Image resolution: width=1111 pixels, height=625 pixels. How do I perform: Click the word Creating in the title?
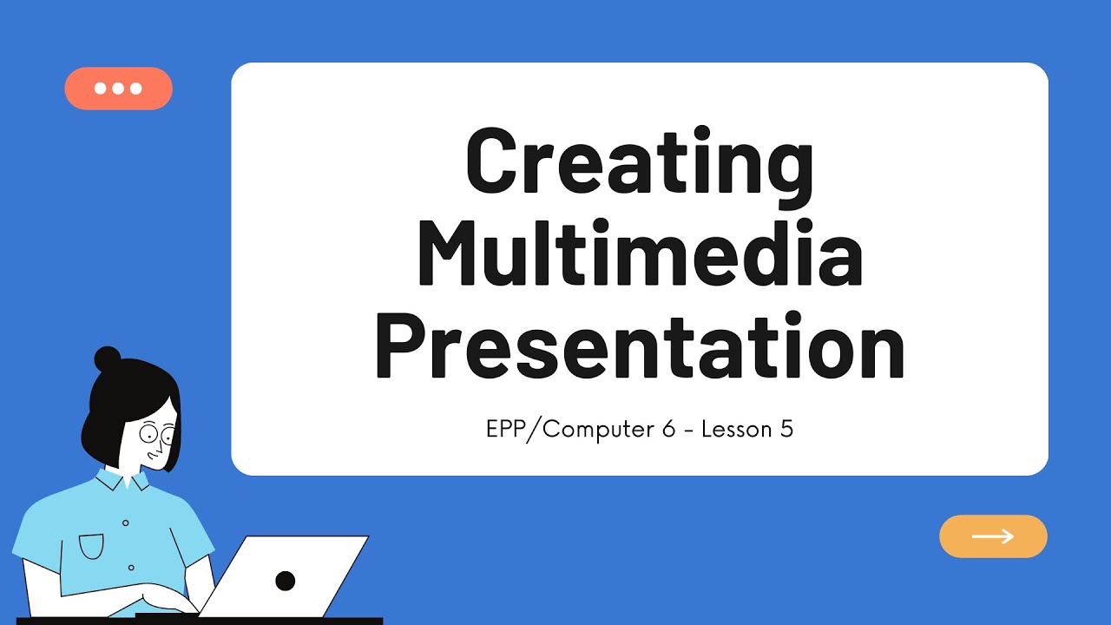(x=640, y=163)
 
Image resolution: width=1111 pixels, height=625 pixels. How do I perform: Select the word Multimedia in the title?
(x=640, y=255)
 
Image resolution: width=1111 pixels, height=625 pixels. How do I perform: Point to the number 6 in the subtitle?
(x=667, y=429)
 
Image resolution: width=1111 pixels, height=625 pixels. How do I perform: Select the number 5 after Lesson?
(x=786, y=429)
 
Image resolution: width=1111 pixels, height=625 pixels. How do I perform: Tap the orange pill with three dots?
(x=118, y=89)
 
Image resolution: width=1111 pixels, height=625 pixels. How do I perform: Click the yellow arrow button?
(x=993, y=536)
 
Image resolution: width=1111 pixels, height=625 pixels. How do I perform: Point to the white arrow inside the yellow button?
(x=993, y=536)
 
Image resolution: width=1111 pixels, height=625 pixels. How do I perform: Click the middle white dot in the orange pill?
(x=118, y=89)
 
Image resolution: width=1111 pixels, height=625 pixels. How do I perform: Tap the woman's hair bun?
(x=108, y=359)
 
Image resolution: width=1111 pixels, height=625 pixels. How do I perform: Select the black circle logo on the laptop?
(x=285, y=581)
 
